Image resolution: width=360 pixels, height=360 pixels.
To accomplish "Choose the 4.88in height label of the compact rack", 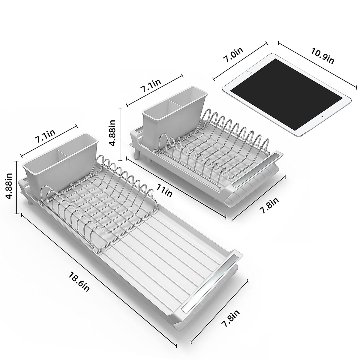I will (x=112, y=133).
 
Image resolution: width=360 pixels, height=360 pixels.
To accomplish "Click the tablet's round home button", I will (x=249, y=73).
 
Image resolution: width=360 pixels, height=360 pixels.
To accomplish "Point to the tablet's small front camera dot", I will (x=322, y=116).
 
